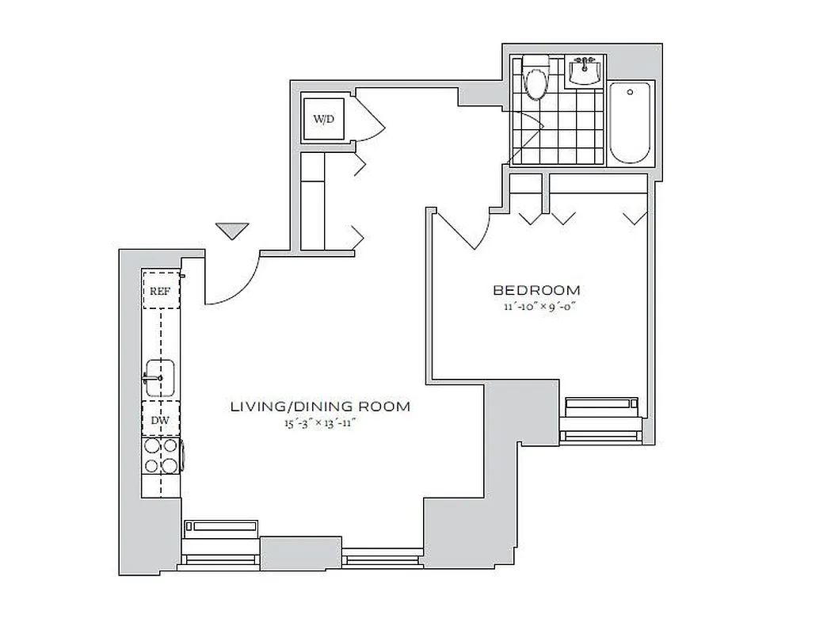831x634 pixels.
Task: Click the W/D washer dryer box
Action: point(323,120)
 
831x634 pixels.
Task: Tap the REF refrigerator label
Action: point(160,291)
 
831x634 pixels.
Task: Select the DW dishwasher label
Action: point(160,420)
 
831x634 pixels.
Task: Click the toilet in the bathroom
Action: point(536,78)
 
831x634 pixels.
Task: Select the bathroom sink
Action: point(585,72)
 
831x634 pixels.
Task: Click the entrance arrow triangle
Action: point(232,231)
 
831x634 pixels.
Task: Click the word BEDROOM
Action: point(536,290)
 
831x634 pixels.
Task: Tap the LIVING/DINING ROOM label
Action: point(320,407)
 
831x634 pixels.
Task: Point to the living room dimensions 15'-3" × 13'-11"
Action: point(320,423)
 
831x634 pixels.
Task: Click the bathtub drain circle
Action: point(630,92)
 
